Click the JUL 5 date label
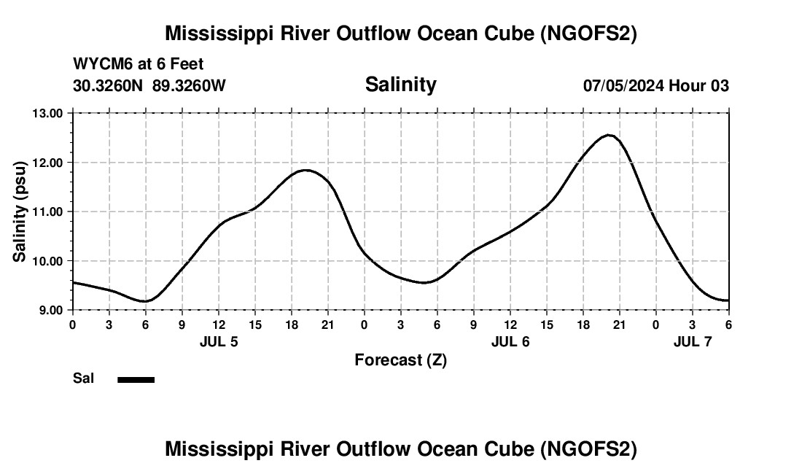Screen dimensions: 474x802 219,341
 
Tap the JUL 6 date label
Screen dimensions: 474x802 510,341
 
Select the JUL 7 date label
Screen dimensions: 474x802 693,341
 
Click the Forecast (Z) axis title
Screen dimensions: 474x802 400,360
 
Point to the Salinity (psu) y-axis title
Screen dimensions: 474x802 20,211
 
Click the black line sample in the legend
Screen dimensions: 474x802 136,379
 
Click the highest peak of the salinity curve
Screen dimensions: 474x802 609,135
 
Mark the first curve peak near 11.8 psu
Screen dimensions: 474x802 305,170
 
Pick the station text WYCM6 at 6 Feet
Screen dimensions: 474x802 139,63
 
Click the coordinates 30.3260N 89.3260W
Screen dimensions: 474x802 149,85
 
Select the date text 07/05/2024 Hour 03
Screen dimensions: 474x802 655,85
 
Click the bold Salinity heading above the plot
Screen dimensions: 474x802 400,85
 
